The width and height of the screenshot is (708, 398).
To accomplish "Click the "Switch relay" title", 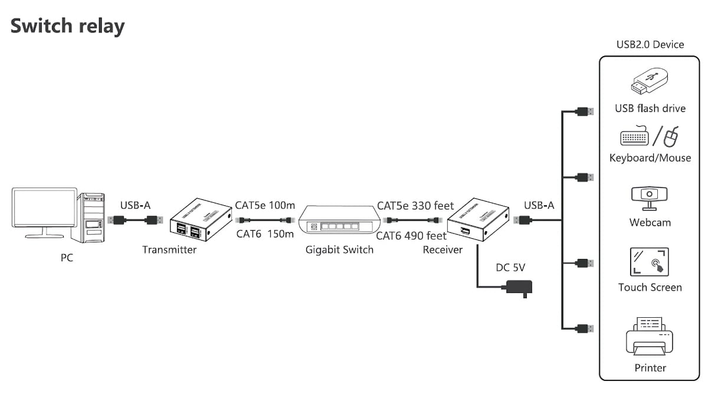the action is (68, 26).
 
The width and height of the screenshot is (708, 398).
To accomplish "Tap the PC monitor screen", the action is (45, 208).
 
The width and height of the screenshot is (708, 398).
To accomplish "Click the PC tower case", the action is (88, 218).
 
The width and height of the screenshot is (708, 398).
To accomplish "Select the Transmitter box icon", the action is (201, 219).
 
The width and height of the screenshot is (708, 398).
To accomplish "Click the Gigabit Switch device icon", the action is (339, 220).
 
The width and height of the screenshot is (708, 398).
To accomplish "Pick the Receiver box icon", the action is (478, 219).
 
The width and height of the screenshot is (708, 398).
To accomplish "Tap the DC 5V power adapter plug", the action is (519, 288).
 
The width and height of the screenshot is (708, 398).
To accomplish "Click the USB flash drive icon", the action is (650, 81).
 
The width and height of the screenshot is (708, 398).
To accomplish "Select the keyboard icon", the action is (634, 136).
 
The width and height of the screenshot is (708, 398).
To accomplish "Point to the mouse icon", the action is (671, 137).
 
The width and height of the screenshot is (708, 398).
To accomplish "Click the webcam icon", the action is (649, 198).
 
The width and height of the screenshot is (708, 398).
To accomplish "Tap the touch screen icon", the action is (649, 262).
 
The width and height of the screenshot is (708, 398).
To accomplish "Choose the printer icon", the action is (650, 336).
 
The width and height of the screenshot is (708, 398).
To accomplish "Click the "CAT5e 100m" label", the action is (265, 205).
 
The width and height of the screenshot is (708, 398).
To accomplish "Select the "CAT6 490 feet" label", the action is (411, 236).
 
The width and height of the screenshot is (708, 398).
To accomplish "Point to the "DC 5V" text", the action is (510, 268).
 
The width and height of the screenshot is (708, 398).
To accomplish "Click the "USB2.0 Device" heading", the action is (650, 45).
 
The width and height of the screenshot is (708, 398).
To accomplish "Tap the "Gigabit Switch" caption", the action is (339, 249).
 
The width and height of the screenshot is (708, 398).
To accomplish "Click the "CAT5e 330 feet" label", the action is (415, 206).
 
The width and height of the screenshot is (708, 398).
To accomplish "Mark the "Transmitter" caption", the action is (169, 249).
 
